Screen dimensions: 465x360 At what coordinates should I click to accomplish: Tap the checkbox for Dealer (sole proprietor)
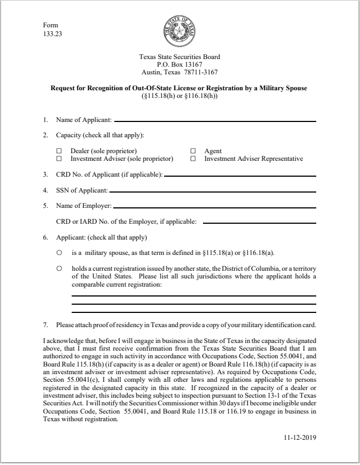[59, 151]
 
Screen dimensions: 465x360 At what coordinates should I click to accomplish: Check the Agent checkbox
[193, 151]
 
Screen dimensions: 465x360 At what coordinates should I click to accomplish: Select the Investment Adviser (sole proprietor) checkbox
[59, 159]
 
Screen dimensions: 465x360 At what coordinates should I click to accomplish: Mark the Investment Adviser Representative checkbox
[193, 159]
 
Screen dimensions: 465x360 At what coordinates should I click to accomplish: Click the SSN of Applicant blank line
[212, 191]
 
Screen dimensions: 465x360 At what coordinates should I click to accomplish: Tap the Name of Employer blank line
[214, 207]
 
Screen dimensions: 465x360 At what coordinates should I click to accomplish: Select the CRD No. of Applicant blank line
[240, 176]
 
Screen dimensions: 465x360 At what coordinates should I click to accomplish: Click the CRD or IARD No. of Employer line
[259, 223]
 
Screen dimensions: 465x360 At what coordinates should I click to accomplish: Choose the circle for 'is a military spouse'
[59, 253]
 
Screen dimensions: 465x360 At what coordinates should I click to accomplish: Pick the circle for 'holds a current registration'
[59, 269]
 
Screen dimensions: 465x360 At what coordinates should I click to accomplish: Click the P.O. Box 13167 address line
[180, 65]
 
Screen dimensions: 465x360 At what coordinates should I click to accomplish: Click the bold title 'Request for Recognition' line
[179, 88]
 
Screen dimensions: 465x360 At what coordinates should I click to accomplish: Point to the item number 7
[45, 326]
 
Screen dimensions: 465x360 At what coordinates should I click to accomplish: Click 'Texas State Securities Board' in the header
[180, 57]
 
